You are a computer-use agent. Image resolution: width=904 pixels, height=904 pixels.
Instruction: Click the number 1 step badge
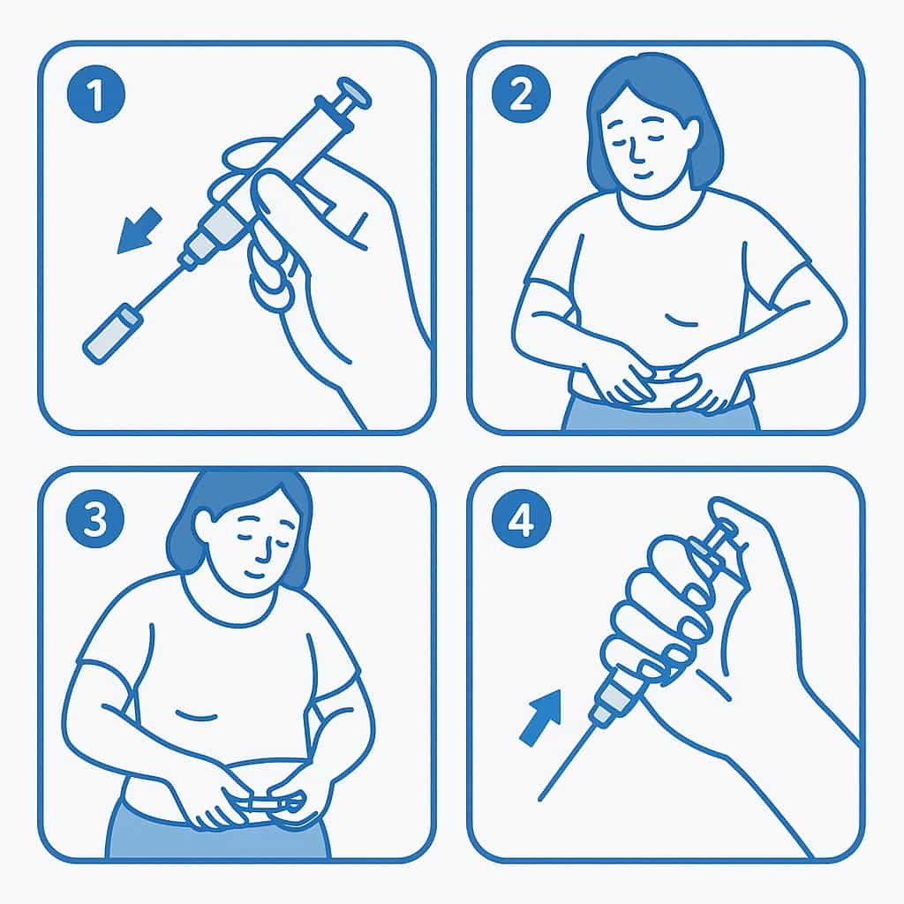pos(95,94)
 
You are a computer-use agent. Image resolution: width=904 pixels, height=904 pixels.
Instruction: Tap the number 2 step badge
pos(521,94)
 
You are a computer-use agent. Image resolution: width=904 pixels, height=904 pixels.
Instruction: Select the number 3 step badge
pos(95,517)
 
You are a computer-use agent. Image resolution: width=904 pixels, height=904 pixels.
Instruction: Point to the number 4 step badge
pos(521,517)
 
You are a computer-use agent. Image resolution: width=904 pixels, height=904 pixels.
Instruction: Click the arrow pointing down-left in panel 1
pos(139,230)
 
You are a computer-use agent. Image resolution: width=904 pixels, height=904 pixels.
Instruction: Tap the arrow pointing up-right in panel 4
pos(541,718)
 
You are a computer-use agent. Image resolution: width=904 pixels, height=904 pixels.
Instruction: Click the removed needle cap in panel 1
pos(111,335)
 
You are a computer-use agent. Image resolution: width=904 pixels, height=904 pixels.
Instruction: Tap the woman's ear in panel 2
pos(694,134)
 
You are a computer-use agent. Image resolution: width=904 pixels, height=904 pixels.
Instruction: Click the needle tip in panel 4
pos(540,799)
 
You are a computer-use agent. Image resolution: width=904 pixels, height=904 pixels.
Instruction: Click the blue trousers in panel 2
pos(660,413)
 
